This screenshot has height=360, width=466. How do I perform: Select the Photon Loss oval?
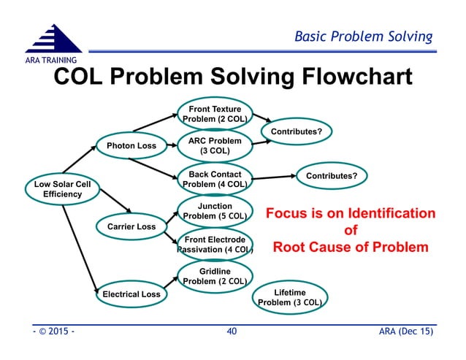click(131, 146)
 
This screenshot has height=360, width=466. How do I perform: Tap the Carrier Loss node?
click(131, 226)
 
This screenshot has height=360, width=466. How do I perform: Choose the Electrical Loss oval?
click(131, 294)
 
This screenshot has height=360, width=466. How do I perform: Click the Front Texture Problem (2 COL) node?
click(215, 114)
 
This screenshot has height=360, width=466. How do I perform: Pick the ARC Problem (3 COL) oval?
click(215, 146)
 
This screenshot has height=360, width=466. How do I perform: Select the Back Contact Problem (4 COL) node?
click(215, 180)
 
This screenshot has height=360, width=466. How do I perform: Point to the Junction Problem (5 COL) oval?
click(215, 211)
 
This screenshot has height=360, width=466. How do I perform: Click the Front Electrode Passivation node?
click(215, 245)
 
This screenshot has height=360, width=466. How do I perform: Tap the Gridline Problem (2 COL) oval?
click(215, 277)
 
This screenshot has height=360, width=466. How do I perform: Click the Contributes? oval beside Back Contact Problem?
click(331, 176)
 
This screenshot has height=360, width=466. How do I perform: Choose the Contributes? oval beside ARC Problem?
click(297, 131)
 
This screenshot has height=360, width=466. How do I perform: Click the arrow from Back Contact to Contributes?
click(272, 177)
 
